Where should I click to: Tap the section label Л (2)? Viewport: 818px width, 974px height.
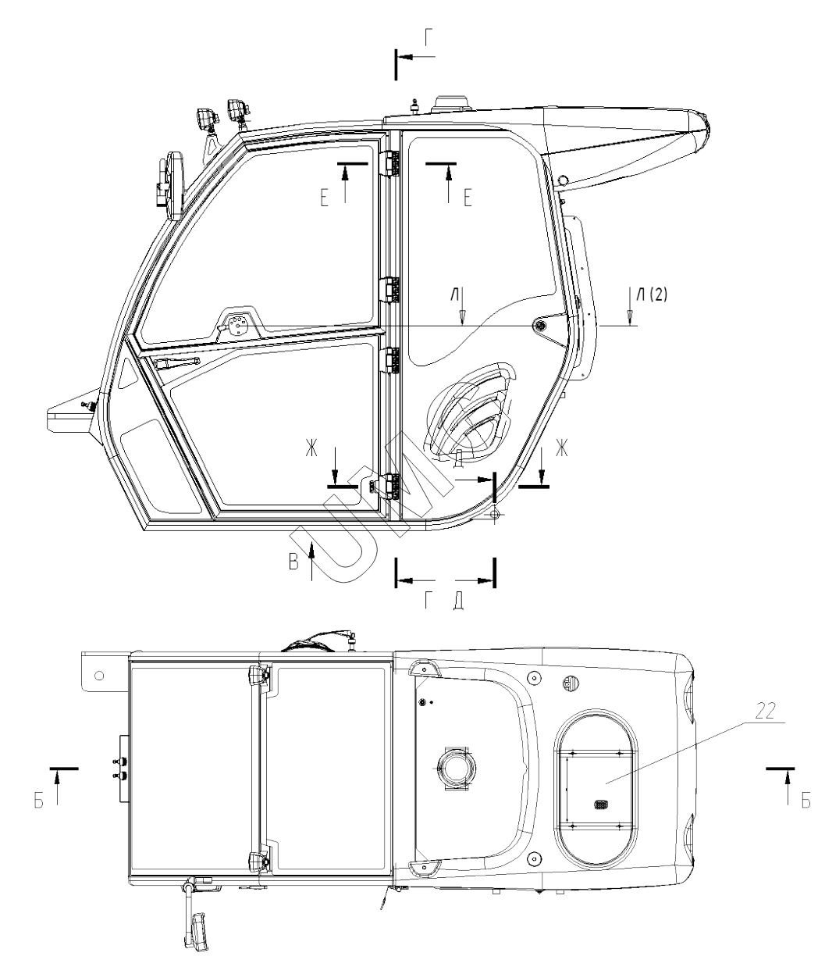pyautogui.click(x=652, y=294)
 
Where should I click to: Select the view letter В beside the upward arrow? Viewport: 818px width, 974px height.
pyautogui.click(x=293, y=562)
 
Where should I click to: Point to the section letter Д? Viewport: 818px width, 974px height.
pyautogui.click(x=459, y=602)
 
